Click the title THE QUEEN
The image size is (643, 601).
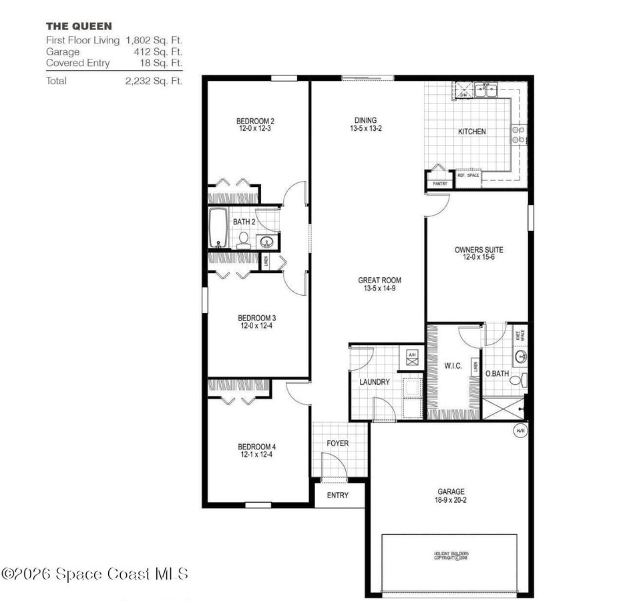(79, 26)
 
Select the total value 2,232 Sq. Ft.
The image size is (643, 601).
(154, 81)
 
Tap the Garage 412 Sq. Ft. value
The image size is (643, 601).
(154, 51)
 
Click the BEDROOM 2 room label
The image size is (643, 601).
(255, 122)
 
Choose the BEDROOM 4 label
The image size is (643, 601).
(257, 447)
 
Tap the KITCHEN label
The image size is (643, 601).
(471, 132)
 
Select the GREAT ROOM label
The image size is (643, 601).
(380, 280)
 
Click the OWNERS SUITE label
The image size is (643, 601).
(479, 250)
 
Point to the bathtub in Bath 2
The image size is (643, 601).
(218, 228)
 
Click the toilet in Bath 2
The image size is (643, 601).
(244, 240)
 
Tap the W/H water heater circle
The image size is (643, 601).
(520, 431)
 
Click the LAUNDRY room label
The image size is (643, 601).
(374, 382)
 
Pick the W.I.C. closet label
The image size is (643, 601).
(453, 365)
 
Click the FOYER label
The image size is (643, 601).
(337, 443)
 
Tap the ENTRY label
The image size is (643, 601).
(337, 495)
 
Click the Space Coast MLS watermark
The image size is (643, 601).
(95, 574)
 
